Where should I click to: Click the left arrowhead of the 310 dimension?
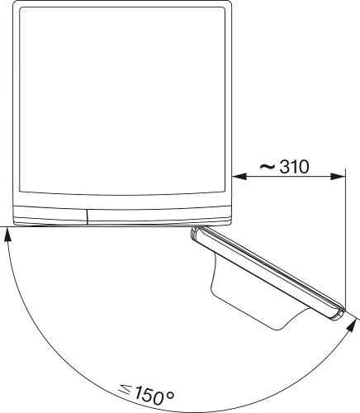point(238,175)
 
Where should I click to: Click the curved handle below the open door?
point(248,297)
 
